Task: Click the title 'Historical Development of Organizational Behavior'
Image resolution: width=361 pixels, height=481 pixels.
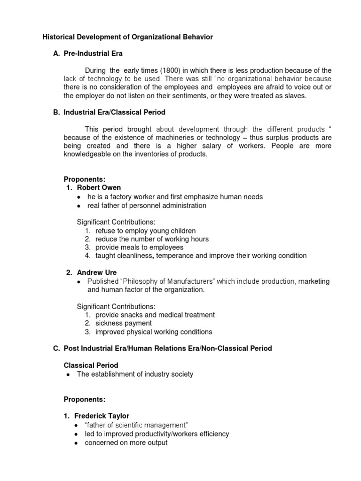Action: click(x=128, y=37)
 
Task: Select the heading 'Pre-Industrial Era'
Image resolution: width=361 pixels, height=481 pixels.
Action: click(x=93, y=54)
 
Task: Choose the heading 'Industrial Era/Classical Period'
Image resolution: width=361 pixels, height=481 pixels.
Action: click(x=115, y=113)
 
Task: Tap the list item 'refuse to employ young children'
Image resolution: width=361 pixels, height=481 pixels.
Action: click(x=145, y=231)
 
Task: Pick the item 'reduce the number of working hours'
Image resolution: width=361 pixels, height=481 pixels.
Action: click(x=152, y=239)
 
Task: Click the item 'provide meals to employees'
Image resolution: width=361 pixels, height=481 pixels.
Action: click(x=139, y=248)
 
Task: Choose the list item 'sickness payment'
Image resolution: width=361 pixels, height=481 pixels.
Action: click(x=123, y=323)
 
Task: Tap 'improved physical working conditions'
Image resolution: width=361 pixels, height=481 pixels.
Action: click(x=154, y=332)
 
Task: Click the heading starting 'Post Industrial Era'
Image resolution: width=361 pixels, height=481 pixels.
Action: click(x=167, y=349)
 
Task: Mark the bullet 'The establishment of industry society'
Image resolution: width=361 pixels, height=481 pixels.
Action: click(x=135, y=374)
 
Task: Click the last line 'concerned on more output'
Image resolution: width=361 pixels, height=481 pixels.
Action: click(x=126, y=442)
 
